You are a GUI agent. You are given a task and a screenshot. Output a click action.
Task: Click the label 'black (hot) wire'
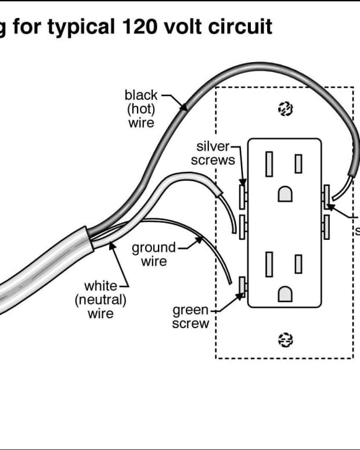point(141,109)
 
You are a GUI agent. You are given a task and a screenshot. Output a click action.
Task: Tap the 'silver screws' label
point(213,153)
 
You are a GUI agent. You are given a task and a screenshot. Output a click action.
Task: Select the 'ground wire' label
point(153,255)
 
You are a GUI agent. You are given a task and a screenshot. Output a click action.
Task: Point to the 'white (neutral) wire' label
point(100,300)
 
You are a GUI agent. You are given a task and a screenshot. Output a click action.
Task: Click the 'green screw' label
point(190,317)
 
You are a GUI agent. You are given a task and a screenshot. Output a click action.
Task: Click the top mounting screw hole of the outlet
point(285,109)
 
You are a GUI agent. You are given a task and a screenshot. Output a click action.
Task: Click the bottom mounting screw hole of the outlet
point(285,339)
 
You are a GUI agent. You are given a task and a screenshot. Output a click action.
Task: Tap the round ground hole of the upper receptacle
point(285,195)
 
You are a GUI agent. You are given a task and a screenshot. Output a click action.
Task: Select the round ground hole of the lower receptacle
point(285,296)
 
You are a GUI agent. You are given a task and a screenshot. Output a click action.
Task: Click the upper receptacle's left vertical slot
point(270,164)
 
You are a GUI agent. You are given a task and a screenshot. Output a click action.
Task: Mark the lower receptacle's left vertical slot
point(270,265)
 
